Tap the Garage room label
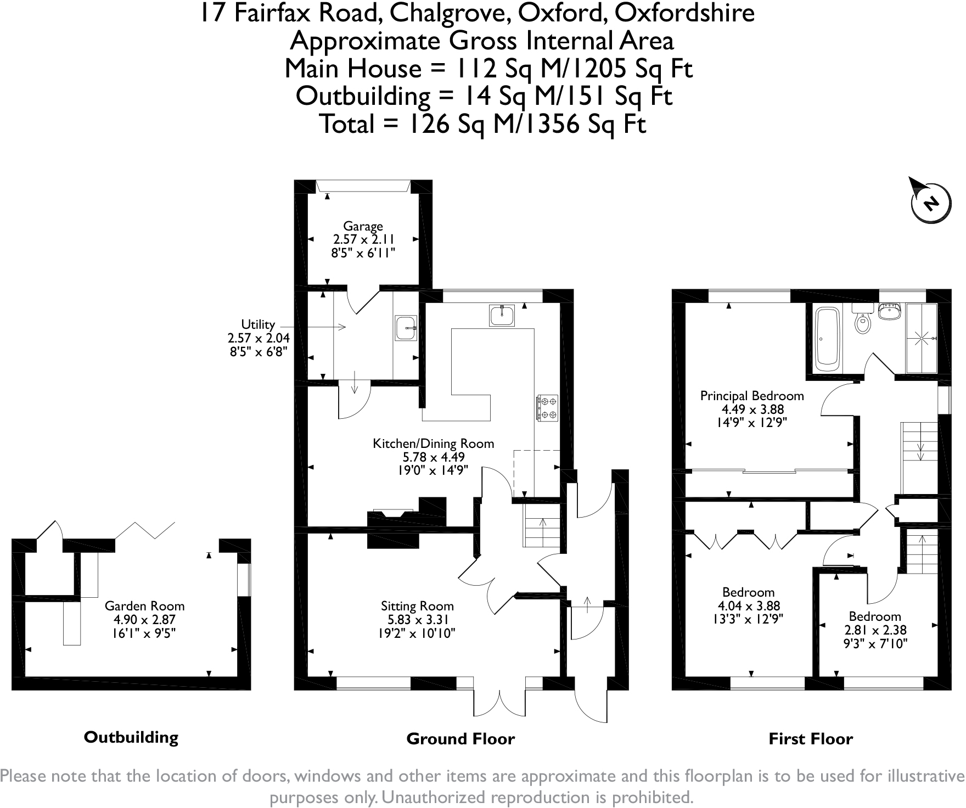pyautogui.click(x=363, y=226)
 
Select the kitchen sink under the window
pyautogui.click(x=502, y=316)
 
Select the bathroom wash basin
pyautogui.click(x=890, y=311)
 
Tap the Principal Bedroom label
pyautogui.click(x=752, y=396)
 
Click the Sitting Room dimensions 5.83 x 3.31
pyautogui.click(x=417, y=620)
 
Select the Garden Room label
pyautogui.click(x=144, y=606)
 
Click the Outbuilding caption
pyautogui.click(x=131, y=737)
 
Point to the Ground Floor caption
pyautogui.click(x=460, y=739)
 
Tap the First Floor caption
pyautogui.click(x=810, y=739)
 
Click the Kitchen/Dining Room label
pyautogui.click(x=433, y=444)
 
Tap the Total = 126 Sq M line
pyautogui.click(x=482, y=124)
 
